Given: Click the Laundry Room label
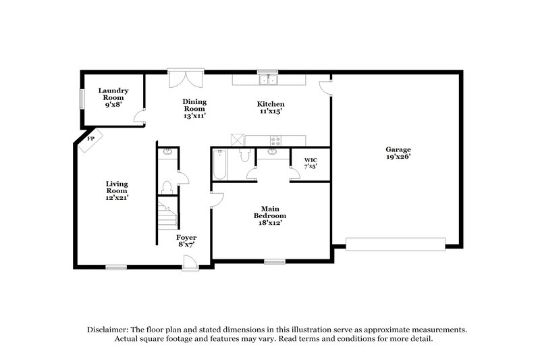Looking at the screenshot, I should (113, 97).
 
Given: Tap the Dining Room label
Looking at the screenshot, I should (194, 109).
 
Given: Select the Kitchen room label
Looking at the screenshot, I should (270, 109).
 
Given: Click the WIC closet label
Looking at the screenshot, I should (310, 163).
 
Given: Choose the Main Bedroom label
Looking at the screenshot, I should (265, 215).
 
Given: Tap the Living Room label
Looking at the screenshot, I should (117, 190).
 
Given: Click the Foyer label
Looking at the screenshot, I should (186, 241).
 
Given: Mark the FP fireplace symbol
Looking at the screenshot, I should (90, 140).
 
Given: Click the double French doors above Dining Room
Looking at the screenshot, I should (185, 79).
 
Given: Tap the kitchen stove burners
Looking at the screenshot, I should (275, 141).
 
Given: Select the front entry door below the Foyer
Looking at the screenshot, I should (191, 267).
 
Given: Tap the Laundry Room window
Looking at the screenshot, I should (82, 99).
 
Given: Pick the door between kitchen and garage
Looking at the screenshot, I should (325, 86).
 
